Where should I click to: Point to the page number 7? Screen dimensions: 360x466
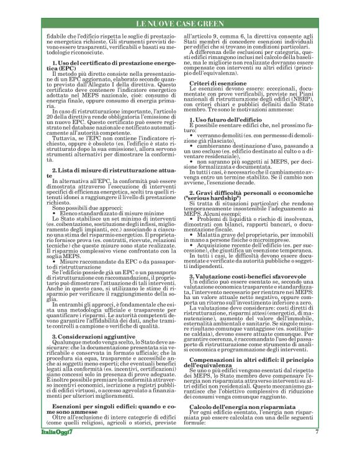[x=317, y=449]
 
